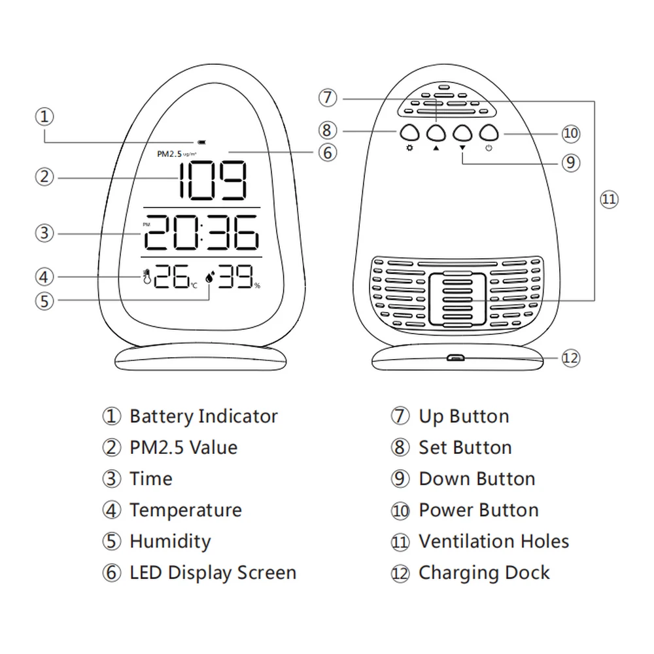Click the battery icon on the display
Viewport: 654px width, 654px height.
[x=202, y=143]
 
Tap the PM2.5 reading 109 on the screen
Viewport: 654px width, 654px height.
[x=213, y=181]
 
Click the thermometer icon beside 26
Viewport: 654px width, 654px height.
[x=146, y=277]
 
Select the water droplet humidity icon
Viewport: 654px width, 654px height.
[x=209, y=277]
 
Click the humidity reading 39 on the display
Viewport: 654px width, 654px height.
[x=235, y=276]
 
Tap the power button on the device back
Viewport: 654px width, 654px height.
[x=489, y=133]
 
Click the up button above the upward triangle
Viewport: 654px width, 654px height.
[x=436, y=133]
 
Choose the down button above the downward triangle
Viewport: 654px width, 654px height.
[x=462, y=133]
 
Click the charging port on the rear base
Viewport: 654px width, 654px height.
[x=456, y=358]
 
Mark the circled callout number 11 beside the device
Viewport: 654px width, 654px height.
[x=609, y=199]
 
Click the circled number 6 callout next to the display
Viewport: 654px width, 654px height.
[x=328, y=152]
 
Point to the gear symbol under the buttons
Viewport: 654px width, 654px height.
[x=409, y=148]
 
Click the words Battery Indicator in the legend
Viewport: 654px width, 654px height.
[x=203, y=416]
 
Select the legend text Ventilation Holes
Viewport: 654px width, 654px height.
[x=494, y=542]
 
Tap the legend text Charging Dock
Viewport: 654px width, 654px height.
[x=484, y=573]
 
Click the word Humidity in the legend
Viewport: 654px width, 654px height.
[x=170, y=542]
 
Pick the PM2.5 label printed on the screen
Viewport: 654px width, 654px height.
[x=169, y=154]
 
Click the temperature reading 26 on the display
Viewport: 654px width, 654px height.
[x=171, y=276]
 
